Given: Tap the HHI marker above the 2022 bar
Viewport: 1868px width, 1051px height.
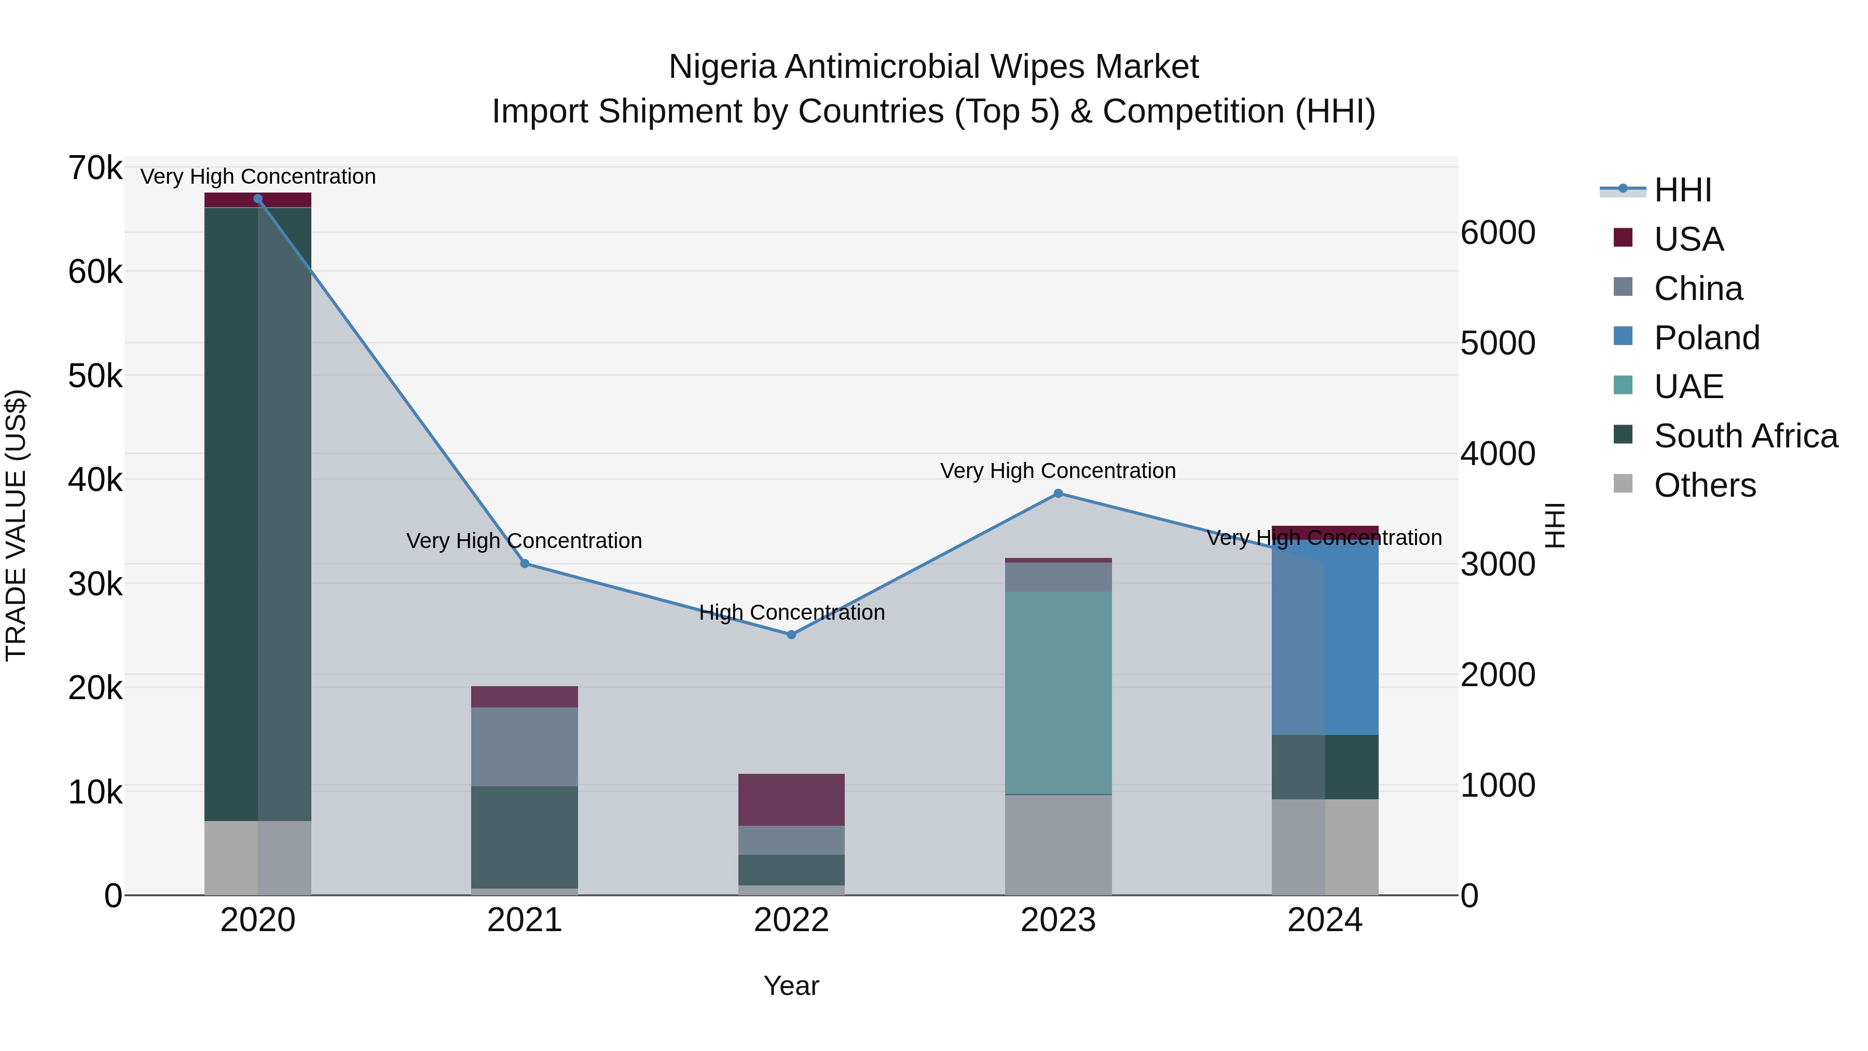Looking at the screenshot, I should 791,635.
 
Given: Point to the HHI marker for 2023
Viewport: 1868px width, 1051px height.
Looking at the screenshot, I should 1058,493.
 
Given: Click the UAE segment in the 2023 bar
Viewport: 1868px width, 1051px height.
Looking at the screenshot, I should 1058,693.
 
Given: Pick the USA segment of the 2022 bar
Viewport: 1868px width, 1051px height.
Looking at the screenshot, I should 791,799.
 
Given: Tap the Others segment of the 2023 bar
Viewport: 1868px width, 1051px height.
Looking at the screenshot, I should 1058,845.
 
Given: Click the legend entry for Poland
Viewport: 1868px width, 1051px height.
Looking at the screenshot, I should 1706,338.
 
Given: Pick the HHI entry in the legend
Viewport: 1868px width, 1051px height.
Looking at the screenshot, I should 1682,190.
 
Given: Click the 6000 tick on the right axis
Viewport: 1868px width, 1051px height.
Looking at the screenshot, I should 1498,233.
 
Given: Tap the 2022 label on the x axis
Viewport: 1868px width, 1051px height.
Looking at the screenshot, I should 791,920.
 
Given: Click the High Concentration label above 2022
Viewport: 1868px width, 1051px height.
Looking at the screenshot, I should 791,612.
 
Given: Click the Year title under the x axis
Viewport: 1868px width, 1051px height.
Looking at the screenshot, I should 791,986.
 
